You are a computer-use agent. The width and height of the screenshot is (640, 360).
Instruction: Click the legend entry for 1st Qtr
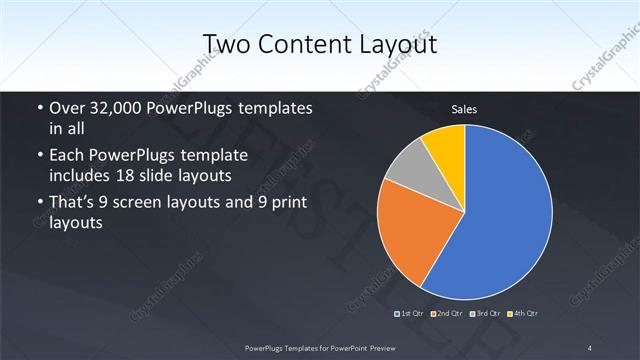tap(413, 314)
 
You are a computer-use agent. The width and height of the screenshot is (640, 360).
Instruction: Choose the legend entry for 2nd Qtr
tap(449, 314)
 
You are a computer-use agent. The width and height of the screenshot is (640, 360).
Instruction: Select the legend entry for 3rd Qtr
tap(486, 314)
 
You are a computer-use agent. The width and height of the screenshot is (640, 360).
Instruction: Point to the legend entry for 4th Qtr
tap(524, 314)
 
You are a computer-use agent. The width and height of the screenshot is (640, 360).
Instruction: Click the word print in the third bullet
tap(287, 204)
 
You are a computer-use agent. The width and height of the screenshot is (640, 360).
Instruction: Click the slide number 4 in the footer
tap(590, 347)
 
